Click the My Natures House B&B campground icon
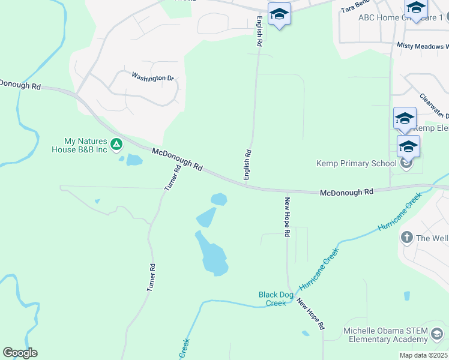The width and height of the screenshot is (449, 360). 116,144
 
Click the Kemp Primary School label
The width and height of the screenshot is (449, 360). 357,163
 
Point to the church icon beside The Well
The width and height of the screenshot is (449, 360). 406,238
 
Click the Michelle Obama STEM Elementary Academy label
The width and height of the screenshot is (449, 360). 385,335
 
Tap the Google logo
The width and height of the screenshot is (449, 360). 20,353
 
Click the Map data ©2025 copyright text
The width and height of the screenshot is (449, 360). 423,355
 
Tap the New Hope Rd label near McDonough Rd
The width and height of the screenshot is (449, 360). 288,217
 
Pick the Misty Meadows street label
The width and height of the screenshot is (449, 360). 422,46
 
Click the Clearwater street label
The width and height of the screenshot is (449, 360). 433,106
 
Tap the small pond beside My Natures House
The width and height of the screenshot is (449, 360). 133,160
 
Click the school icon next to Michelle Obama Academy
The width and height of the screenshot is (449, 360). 438,334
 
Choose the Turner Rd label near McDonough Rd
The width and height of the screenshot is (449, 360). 173,179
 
